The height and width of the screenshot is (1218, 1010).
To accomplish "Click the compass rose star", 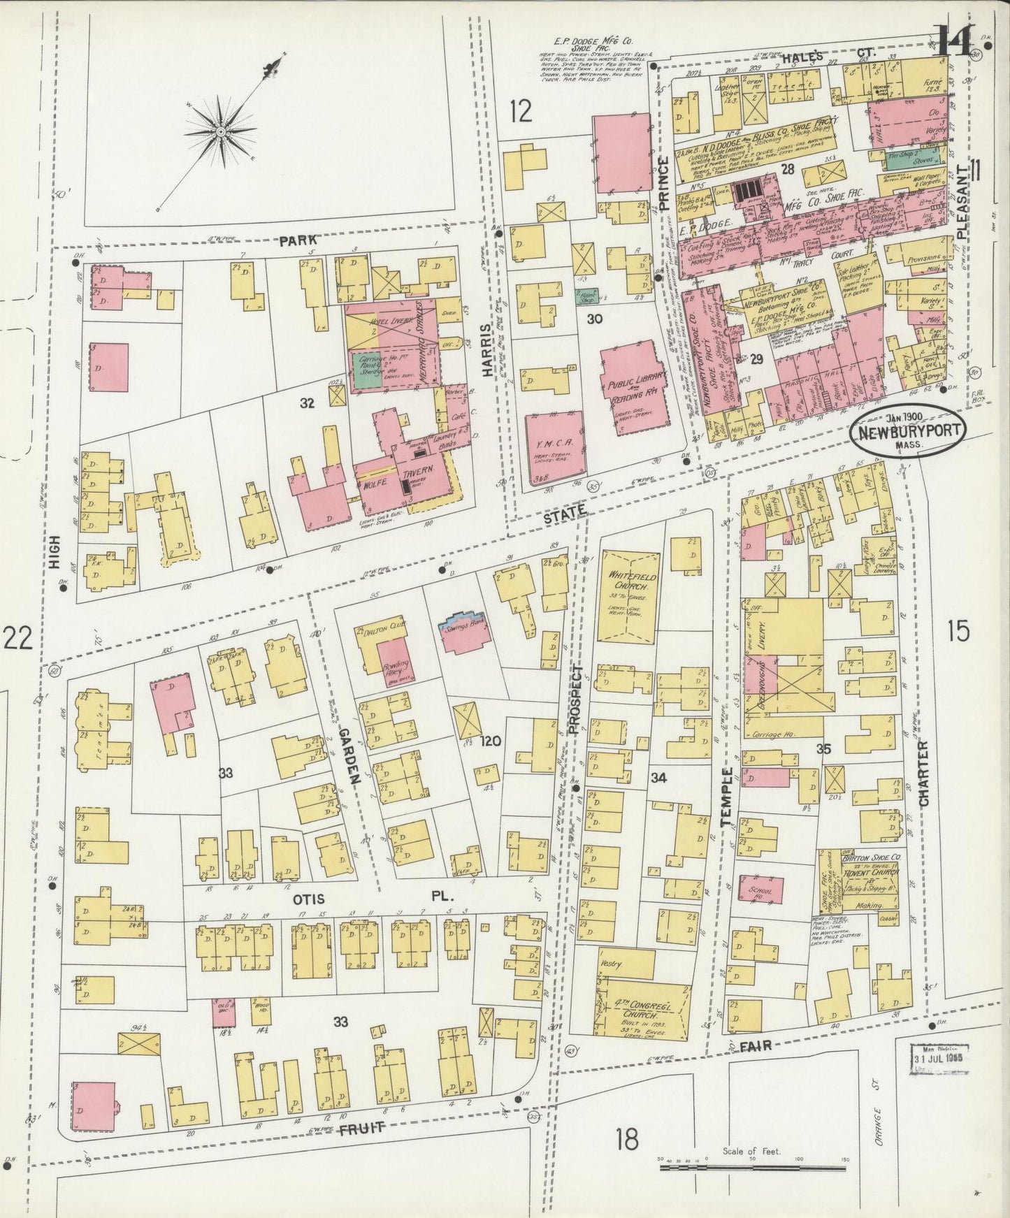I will [x=220, y=131].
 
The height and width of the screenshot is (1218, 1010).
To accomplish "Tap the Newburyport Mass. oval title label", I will [x=908, y=433].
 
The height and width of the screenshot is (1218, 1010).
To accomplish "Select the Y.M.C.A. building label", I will [x=554, y=446].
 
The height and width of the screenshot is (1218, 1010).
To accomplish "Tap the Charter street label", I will [x=922, y=775].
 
